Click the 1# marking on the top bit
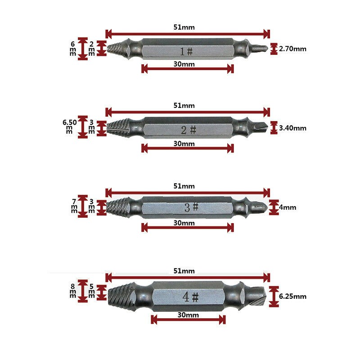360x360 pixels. (x=186, y=51)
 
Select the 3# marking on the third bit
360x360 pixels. (x=191, y=207)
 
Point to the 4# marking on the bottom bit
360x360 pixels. (x=190, y=297)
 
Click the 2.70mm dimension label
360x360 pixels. (x=292, y=49)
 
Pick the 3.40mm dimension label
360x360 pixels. (x=292, y=128)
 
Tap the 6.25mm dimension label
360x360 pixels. (x=292, y=296)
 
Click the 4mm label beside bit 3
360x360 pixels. (x=288, y=207)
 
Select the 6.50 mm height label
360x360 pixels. (x=70, y=127)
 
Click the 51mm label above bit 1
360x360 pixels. (x=184, y=27)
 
